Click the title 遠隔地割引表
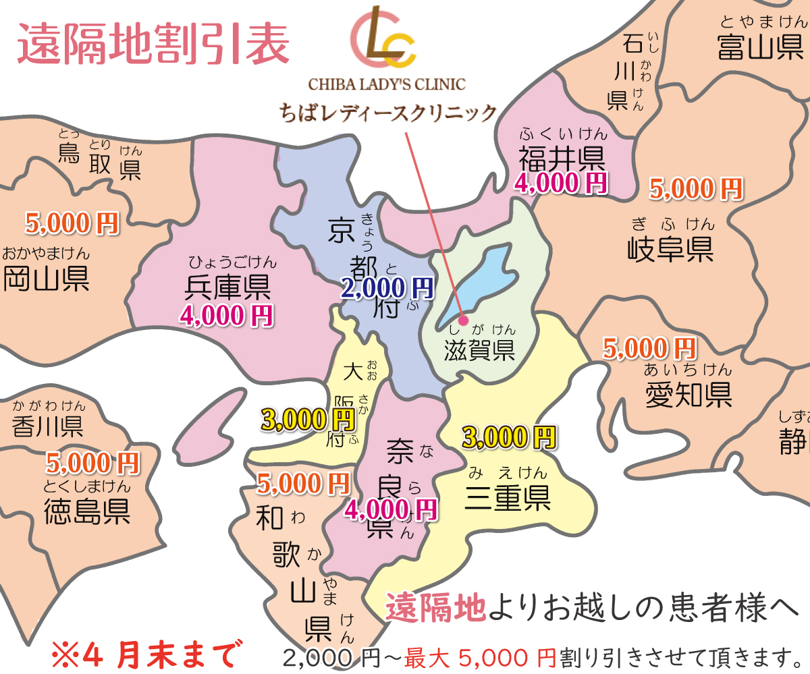153,45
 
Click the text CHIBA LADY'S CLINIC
387,84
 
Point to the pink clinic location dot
463,320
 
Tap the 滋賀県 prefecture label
480,350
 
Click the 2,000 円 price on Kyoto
387,289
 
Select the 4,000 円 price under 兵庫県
226,315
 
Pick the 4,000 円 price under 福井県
561,182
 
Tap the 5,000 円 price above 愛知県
649,348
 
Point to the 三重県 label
508,498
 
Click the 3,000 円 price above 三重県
509,437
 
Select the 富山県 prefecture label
760,49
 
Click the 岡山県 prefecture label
46,279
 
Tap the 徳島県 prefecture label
87,511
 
